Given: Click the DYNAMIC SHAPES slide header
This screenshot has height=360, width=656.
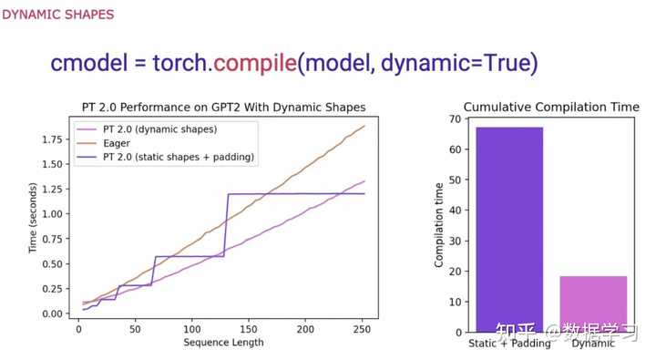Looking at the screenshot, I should [58, 15].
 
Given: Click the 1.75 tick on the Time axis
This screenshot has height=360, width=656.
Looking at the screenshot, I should [49, 139].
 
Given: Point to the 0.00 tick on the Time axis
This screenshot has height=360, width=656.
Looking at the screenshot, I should [49, 314].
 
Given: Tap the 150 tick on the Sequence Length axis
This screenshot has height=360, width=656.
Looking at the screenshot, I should [249, 329].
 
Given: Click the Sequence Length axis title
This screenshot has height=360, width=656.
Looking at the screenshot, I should [223, 343].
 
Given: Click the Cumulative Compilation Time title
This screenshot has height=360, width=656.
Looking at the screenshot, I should [551, 108].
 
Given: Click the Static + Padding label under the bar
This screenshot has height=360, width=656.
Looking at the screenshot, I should [509, 344].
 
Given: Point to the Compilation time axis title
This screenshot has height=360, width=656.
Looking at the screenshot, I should [439, 224].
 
